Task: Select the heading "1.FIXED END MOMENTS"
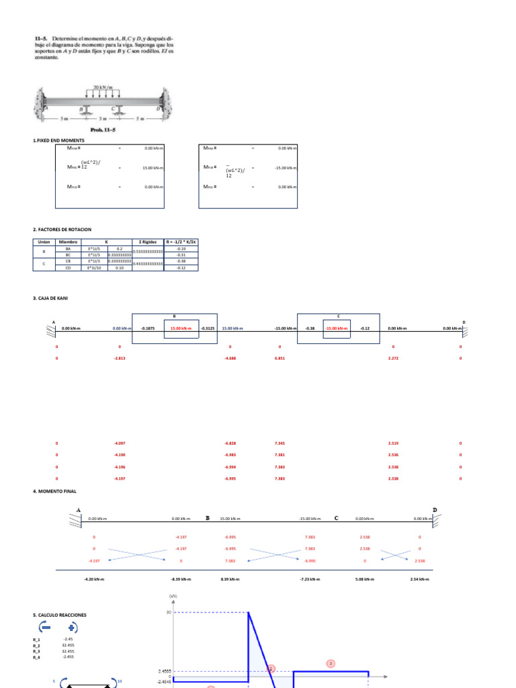tap(58, 141)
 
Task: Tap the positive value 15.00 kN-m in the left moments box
tap(153, 168)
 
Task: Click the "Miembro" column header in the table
tap(69, 241)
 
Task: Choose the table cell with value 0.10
tap(120, 267)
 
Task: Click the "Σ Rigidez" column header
tap(148, 241)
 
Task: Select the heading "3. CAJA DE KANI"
tap(50, 298)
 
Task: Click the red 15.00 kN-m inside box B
tap(181, 329)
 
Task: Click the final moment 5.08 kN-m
tap(363, 578)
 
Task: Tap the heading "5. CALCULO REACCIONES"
tap(60, 615)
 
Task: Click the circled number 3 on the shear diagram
tap(331, 663)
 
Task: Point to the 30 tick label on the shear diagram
tap(169, 612)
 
